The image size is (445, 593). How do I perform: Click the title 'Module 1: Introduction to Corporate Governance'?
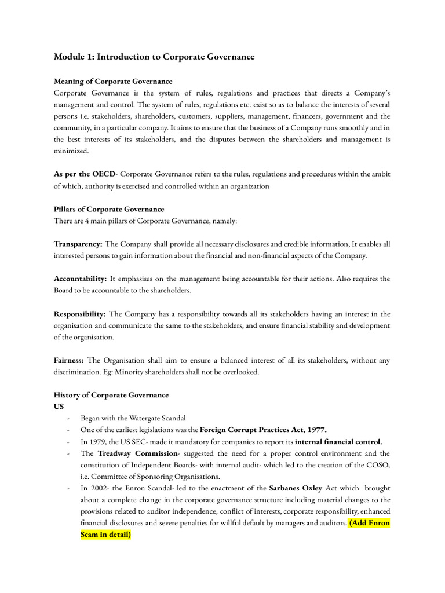154,57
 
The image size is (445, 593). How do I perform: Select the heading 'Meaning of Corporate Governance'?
112,82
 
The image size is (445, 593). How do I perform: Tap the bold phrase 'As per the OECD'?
80,174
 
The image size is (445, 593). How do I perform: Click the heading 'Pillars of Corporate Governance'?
108,209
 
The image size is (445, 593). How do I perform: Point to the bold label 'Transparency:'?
78,244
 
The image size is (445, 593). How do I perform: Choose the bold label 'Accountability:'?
80,279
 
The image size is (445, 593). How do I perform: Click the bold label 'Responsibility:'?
79,314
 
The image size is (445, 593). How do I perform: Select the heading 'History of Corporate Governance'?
111,395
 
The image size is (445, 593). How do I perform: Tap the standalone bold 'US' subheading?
59,407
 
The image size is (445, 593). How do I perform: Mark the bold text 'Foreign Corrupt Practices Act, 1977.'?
264,430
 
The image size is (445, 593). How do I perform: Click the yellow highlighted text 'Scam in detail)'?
106,535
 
